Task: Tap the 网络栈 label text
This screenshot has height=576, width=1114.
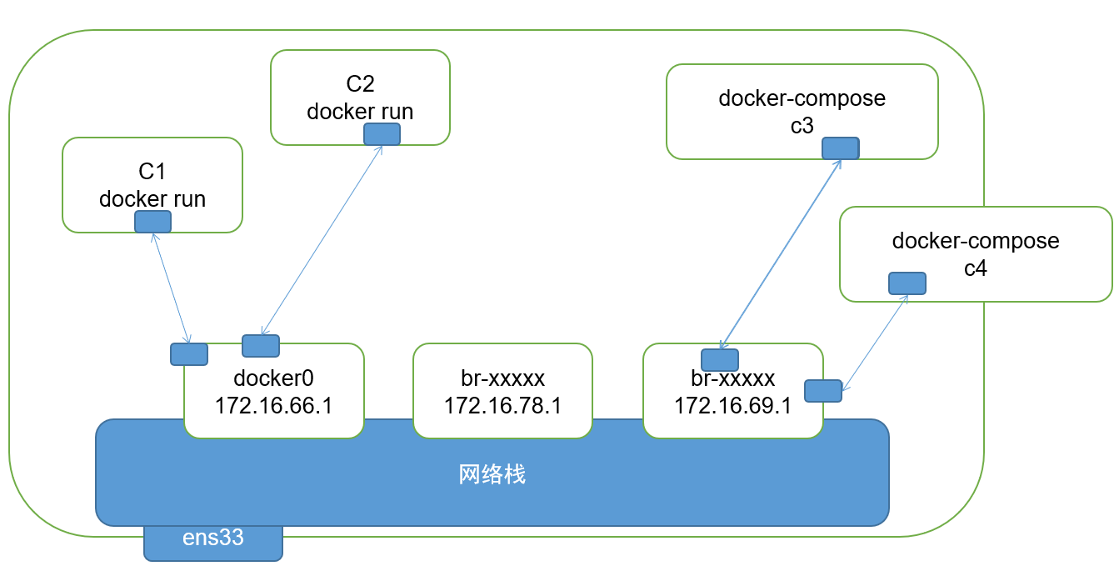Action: [x=492, y=475]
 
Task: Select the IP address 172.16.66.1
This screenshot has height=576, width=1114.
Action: [x=273, y=406]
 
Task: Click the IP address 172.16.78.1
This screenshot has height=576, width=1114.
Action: [x=502, y=406]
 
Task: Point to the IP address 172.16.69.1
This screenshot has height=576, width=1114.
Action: [x=732, y=406]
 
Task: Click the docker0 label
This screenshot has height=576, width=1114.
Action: [x=273, y=378]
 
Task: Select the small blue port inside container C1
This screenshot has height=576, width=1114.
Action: [x=153, y=222]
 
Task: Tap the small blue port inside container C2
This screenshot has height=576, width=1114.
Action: [x=382, y=134]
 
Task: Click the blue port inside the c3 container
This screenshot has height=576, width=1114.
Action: [x=840, y=148]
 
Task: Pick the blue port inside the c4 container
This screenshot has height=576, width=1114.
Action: [x=907, y=283]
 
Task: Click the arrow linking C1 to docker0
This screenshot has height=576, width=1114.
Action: [x=172, y=288]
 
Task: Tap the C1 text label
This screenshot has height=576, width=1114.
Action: [x=152, y=172]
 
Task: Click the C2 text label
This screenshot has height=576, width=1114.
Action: [x=360, y=84]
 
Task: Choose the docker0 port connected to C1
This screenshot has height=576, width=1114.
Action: [x=189, y=354]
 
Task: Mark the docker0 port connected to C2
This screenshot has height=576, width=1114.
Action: [x=261, y=346]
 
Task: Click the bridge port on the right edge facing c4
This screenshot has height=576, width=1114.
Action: [x=823, y=390]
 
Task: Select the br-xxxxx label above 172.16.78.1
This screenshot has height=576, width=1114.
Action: [x=502, y=378]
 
